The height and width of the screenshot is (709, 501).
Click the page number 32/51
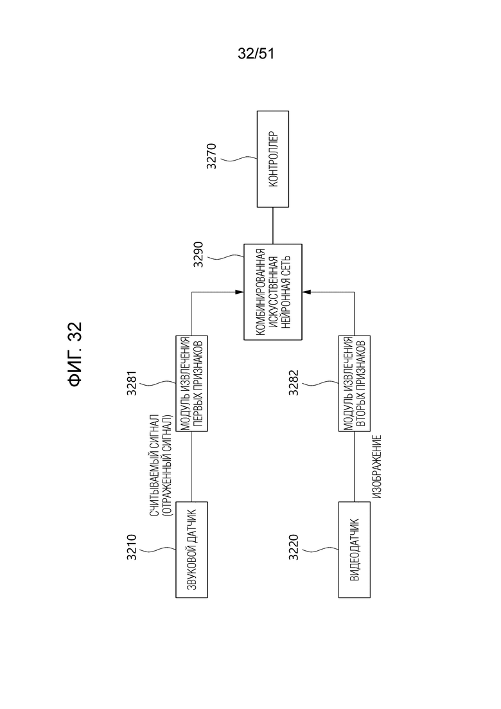256,54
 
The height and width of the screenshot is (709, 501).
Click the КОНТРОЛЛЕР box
273,159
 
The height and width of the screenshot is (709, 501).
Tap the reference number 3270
211,156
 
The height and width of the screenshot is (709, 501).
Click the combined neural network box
273,292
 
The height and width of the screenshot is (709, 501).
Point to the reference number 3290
198,255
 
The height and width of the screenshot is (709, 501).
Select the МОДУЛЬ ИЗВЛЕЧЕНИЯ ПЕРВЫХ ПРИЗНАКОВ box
191,384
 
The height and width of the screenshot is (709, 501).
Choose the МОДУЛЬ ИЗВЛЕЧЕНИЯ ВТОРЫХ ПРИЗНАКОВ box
354,384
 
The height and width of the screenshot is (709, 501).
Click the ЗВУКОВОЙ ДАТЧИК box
191,550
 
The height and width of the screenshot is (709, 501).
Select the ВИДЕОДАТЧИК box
354,550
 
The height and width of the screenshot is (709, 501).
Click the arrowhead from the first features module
240,292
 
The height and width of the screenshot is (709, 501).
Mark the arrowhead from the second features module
306,292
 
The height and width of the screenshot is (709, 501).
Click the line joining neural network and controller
273,226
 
